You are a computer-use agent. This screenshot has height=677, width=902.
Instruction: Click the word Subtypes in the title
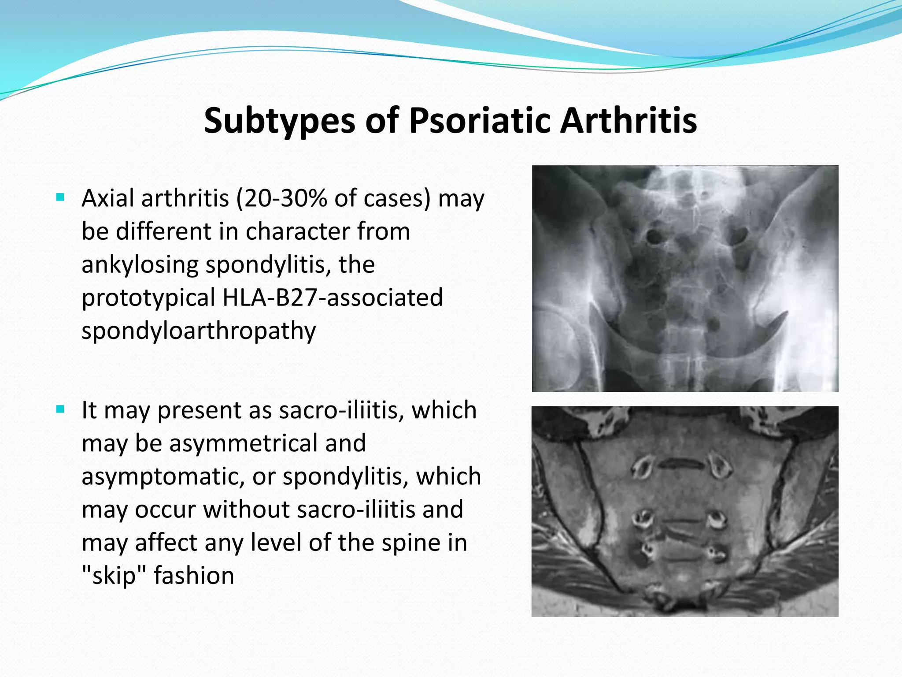pyautogui.click(x=279, y=121)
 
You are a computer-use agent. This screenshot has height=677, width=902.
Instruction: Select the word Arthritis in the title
pyautogui.click(x=628, y=121)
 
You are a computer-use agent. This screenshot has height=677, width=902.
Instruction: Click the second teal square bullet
pyautogui.click(x=61, y=409)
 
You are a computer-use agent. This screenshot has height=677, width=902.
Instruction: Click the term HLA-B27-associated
pyautogui.click(x=333, y=298)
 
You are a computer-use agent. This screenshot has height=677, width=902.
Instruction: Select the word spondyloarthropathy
pyautogui.click(x=199, y=331)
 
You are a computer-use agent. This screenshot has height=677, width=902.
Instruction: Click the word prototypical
pyautogui.click(x=148, y=298)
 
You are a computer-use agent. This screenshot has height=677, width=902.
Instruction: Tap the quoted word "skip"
pyautogui.click(x=114, y=576)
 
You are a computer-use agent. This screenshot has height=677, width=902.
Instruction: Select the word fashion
pyautogui.click(x=194, y=576)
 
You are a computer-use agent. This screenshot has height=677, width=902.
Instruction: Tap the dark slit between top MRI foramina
pyautogui.click(x=681, y=463)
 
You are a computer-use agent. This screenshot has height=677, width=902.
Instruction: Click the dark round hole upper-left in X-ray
pyautogui.click(x=654, y=238)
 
